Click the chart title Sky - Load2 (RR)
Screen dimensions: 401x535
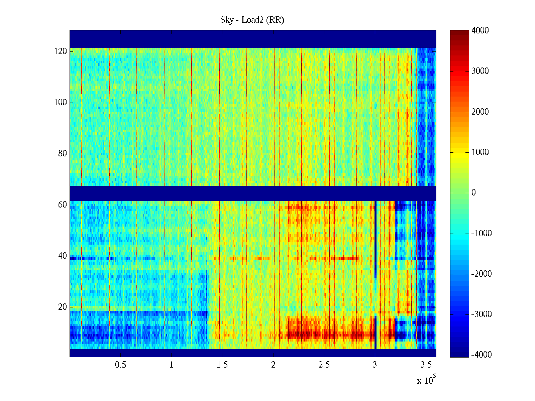(x=252, y=20)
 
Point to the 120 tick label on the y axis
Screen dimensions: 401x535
(x=61, y=51)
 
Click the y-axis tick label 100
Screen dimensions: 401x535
(x=61, y=103)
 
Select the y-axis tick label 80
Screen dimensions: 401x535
(x=63, y=154)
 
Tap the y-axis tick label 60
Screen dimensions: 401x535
(x=63, y=205)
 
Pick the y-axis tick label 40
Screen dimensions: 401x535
(x=63, y=256)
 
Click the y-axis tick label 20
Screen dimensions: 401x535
(x=63, y=307)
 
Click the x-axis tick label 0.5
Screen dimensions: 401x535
(x=120, y=365)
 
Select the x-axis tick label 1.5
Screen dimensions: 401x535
(x=222, y=365)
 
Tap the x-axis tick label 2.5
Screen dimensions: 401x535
(x=324, y=365)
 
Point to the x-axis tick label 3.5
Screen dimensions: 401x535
(x=426, y=365)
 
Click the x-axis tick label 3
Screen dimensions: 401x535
(x=375, y=365)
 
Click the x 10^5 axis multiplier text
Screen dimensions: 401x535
(x=426, y=380)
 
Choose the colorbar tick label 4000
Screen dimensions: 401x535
(x=480, y=31)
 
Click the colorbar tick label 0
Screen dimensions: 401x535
(x=473, y=193)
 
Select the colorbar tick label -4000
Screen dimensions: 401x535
(x=481, y=355)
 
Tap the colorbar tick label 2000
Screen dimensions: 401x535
(x=480, y=112)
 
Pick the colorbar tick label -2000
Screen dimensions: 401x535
(x=481, y=274)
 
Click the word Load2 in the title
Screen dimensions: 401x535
(x=253, y=20)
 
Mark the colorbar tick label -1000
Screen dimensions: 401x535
(x=481, y=234)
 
